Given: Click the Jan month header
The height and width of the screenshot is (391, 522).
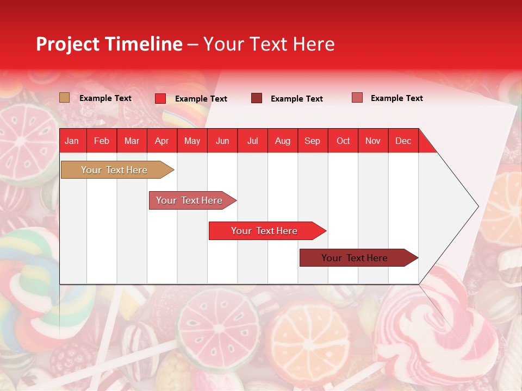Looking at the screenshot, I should (72, 141).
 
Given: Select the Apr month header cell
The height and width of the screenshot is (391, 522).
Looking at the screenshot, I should (162, 141).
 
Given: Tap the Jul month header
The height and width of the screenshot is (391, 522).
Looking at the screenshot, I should (253, 141).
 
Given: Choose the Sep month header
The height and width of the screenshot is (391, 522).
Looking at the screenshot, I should (313, 141).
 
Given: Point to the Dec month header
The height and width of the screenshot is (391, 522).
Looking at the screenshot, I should (403, 141).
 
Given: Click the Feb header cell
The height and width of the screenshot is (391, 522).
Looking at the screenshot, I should (102, 141).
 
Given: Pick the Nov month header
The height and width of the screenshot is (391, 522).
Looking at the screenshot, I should (373, 141).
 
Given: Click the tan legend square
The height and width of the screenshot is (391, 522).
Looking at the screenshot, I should (65, 98).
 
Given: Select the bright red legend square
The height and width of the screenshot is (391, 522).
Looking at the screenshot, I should (160, 98).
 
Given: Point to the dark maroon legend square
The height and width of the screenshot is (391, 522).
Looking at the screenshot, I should (257, 98).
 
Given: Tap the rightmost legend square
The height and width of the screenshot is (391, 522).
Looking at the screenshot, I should (357, 98).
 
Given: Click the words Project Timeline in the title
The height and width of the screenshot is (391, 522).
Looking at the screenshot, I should (109, 44).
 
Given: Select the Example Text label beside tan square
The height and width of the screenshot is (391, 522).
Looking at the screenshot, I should (105, 98).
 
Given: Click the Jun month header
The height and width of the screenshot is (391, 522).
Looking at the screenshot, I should (222, 141).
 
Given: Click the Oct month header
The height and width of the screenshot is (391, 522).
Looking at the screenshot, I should (343, 141).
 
